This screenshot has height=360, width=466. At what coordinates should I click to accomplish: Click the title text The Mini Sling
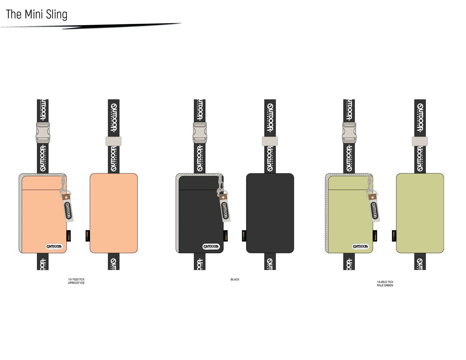[x=37, y=14]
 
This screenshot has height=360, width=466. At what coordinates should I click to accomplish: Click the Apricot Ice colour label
[x=76, y=281]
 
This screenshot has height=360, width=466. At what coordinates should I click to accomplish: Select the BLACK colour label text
[x=235, y=279]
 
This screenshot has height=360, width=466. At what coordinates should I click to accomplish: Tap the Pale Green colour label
[x=385, y=283]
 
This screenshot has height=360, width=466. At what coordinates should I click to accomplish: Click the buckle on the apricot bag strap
[x=43, y=133]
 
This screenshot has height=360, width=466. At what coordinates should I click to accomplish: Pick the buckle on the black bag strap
[x=200, y=133]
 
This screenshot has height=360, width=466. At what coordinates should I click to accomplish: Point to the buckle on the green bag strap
[x=349, y=133]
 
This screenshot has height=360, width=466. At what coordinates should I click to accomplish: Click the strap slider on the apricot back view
[x=113, y=141]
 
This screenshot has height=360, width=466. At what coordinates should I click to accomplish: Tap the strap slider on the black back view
[x=270, y=141]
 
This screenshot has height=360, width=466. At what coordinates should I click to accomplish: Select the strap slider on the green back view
[x=420, y=141]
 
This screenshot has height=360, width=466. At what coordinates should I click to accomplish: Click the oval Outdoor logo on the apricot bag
[x=54, y=246]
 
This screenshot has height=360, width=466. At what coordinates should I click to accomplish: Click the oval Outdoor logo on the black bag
[x=211, y=246]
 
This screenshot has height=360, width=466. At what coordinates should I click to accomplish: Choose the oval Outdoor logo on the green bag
[x=360, y=246]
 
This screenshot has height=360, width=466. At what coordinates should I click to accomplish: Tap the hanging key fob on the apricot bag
[x=68, y=209]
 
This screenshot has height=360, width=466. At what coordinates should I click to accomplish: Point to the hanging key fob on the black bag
[x=225, y=209]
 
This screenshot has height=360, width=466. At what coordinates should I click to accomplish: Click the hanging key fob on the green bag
[x=374, y=209]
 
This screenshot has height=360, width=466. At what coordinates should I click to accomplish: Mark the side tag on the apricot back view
[x=87, y=236]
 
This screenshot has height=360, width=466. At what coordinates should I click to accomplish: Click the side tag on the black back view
[x=244, y=236]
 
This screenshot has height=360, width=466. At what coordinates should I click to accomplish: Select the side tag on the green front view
[x=375, y=236]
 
